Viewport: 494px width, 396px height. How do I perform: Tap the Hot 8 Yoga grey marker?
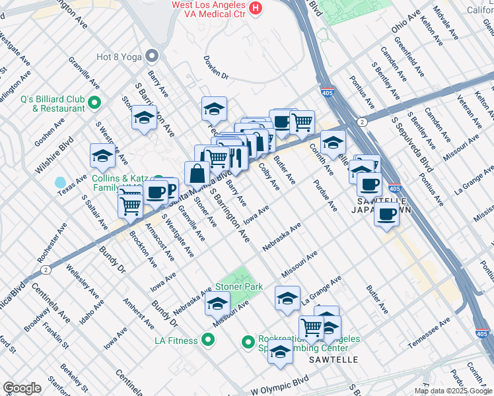click(153, 56)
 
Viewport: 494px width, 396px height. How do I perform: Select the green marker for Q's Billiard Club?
click(94, 103)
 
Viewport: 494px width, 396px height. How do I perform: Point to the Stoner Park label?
click(238, 287)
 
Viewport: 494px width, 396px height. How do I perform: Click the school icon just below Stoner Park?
click(217, 304)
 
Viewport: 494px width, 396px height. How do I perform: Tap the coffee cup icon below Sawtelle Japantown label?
click(386, 214)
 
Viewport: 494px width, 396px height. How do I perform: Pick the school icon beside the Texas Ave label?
click(102, 156)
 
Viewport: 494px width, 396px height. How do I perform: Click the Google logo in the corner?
click(22, 388)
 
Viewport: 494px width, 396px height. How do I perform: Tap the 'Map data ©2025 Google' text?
click(453, 391)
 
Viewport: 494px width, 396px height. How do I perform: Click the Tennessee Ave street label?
click(429, 333)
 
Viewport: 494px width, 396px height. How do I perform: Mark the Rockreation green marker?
click(248, 342)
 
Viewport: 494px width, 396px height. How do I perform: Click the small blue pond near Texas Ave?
click(61, 181)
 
